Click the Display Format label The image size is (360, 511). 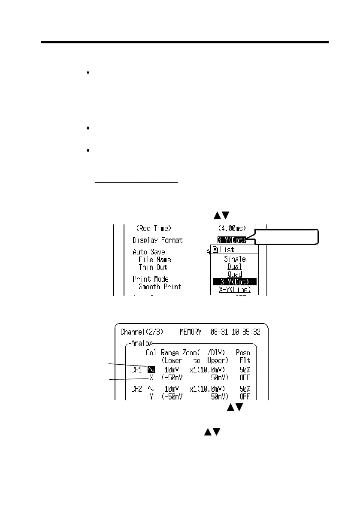click(x=157, y=240)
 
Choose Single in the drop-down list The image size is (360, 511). click(x=235, y=259)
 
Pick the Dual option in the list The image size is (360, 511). click(x=235, y=267)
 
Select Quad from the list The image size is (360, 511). click(x=235, y=274)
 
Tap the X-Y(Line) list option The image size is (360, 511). click(x=235, y=290)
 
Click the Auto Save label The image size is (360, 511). click(x=148, y=252)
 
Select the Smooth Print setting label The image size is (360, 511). click(x=160, y=287)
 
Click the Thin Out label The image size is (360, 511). click(x=153, y=267)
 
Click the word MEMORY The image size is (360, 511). click(x=192, y=332)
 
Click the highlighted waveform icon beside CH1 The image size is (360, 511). click(x=151, y=370)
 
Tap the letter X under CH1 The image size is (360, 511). click(x=151, y=378)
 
